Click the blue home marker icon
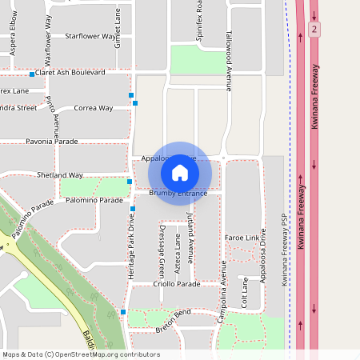tap(180, 173)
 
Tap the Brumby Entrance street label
tap(178, 193)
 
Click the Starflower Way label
tap(90, 36)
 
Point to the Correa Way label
tap(93, 107)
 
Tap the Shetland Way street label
tap(60, 174)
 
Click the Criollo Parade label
tap(178, 284)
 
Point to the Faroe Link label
tap(242, 238)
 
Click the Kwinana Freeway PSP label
tap(283, 250)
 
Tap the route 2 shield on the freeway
tap(315, 29)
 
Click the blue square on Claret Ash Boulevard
tap(32, 74)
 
